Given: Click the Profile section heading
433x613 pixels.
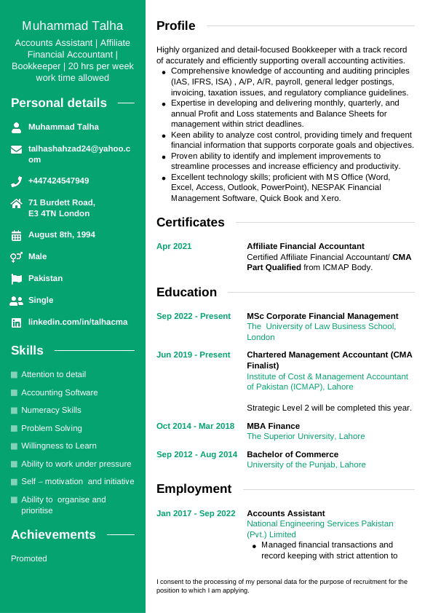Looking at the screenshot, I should tap(175, 26).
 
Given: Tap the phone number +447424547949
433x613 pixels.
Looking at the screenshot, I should tap(58, 181).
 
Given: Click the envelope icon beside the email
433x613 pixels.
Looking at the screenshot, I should tap(16, 149).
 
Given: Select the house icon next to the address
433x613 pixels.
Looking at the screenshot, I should tap(16, 204).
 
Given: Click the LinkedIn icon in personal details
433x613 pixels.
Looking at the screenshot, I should tap(16, 323).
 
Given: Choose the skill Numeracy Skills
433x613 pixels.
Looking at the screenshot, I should tap(51, 410).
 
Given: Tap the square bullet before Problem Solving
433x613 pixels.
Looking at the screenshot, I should tap(14, 429).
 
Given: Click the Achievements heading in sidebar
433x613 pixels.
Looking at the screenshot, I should tap(53, 534).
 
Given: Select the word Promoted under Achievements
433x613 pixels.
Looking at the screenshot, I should tap(29, 558).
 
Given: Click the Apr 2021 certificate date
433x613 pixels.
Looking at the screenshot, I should tap(174, 246).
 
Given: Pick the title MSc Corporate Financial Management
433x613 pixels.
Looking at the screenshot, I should tap(322, 316).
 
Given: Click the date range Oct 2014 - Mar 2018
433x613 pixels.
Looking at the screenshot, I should tap(195, 426).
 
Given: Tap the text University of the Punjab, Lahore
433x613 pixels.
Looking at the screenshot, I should tap(306, 464).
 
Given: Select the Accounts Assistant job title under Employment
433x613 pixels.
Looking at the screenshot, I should tap(285, 513).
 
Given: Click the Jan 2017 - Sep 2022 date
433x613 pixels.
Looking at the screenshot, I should tap(196, 513).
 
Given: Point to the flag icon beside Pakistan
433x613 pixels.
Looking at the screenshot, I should tap(16, 279).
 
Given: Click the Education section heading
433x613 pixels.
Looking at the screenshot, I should tap(186, 292).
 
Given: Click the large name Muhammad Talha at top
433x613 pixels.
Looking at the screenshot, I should tap(72, 26).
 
